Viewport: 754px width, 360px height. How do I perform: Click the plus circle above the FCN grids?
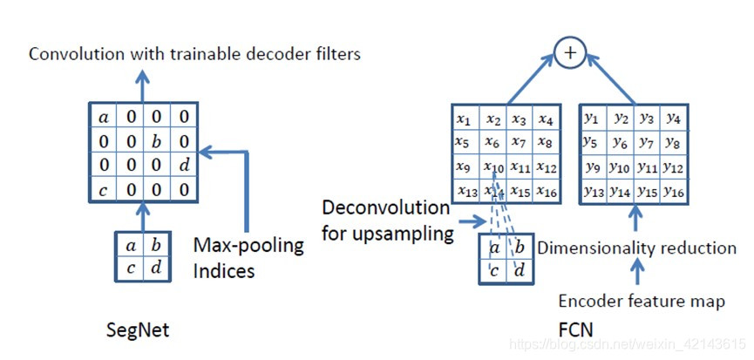click(571, 53)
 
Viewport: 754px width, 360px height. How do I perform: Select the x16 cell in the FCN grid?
click(547, 191)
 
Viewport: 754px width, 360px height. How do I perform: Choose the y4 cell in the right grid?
click(674, 118)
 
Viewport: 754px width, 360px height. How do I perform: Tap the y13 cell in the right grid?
click(594, 191)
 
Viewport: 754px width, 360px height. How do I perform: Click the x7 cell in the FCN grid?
click(520, 142)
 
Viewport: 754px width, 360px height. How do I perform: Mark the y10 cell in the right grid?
click(621, 166)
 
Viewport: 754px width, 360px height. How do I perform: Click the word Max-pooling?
click(249, 246)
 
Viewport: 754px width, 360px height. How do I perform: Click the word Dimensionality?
click(601, 248)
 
